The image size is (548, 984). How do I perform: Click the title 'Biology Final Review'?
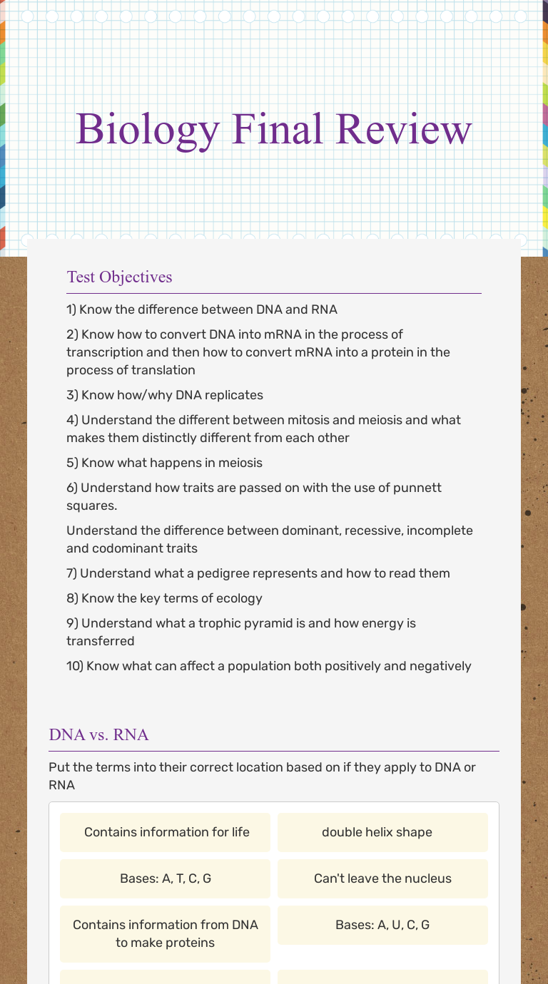click(273, 129)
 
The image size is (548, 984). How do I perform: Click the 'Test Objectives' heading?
click(119, 277)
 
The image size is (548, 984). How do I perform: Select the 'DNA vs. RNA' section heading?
click(98, 734)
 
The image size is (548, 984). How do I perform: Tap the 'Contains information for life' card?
click(166, 832)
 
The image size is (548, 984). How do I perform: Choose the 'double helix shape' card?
click(382, 832)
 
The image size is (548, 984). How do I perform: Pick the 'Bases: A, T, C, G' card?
click(166, 878)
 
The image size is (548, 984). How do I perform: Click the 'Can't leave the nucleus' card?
click(382, 878)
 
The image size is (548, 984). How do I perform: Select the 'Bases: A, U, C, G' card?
click(382, 925)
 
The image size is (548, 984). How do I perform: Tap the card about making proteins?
click(166, 933)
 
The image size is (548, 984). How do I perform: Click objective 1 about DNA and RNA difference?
click(202, 309)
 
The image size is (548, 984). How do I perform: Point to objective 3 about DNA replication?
click(165, 395)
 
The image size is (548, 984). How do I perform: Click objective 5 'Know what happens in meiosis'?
click(164, 463)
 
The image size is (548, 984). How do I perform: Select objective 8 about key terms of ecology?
click(164, 598)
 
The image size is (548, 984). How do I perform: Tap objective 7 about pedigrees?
click(258, 573)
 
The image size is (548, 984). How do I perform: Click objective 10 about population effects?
click(268, 666)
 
